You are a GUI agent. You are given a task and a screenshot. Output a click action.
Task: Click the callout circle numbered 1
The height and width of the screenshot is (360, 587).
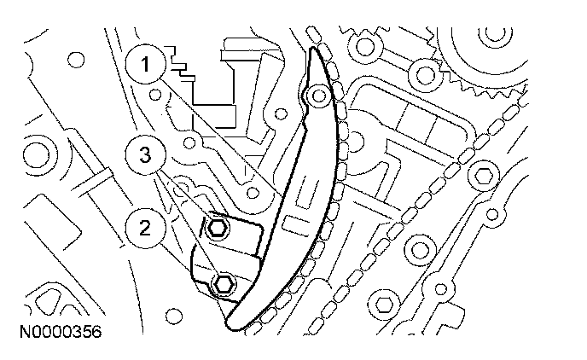tap(146, 63)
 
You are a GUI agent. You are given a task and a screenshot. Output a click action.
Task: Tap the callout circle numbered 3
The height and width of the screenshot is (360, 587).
tap(146, 156)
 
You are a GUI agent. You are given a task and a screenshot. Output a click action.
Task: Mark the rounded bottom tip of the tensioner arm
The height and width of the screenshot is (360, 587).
tap(235, 322)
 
